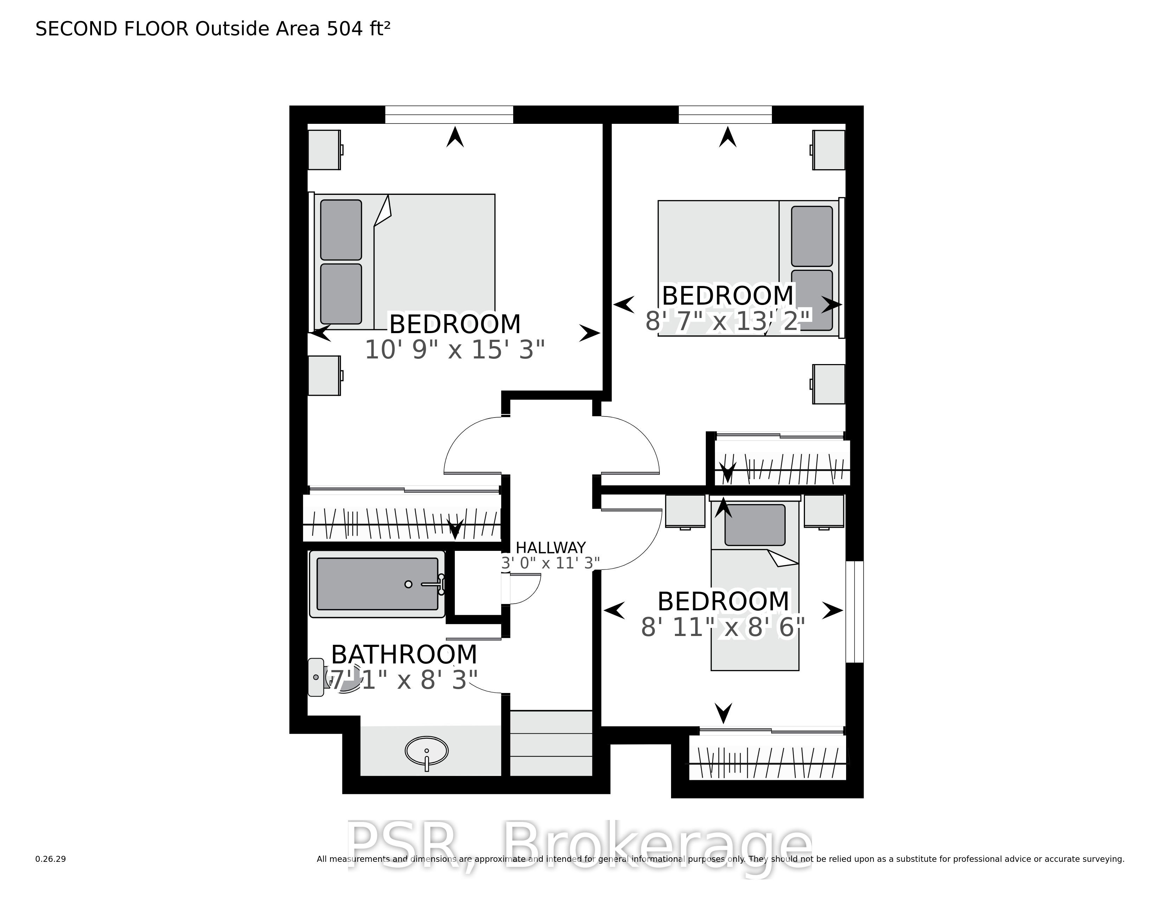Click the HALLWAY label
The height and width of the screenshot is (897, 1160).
coord(551,547)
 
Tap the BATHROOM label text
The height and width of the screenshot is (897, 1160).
coord(404,655)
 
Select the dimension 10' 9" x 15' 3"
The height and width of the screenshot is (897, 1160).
coord(455,350)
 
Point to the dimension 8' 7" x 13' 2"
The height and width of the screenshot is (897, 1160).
coord(728,321)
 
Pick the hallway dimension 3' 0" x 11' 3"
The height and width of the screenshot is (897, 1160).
coord(551,563)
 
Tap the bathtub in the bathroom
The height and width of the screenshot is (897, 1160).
coord(377,584)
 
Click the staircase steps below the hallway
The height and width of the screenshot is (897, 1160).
coord(551,743)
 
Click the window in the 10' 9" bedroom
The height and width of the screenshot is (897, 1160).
coord(449,115)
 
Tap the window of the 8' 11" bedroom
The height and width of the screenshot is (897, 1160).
coord(855,612)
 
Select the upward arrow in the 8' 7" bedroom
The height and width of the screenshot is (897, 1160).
coord(728,137)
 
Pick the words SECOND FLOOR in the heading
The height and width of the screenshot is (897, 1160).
coord(112,29)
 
